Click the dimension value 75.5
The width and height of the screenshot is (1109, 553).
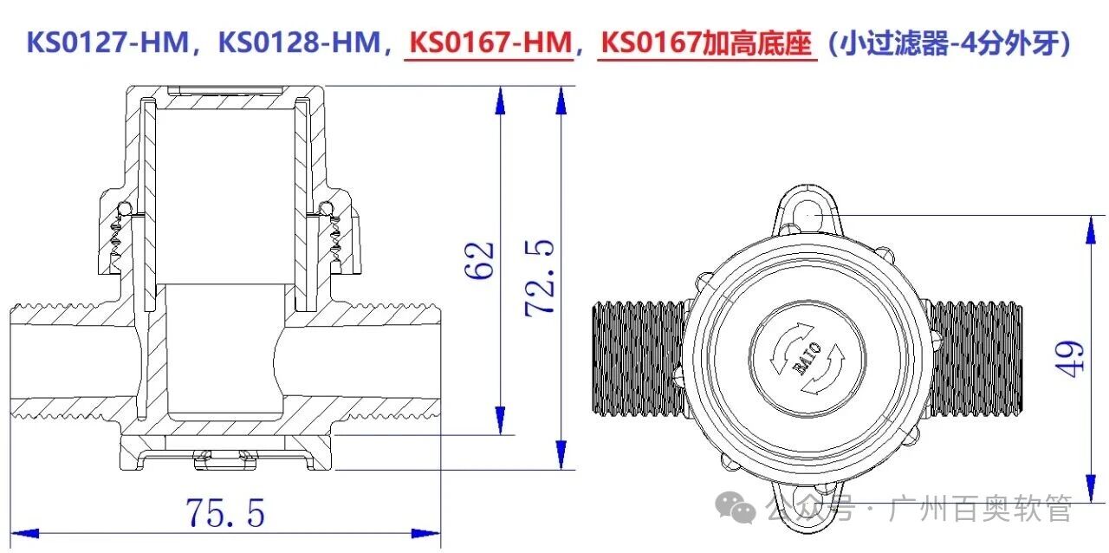tap(224, 513)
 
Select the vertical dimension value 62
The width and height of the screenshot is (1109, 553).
tap(478, 259)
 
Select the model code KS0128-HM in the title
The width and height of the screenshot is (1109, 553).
tap(300, 42)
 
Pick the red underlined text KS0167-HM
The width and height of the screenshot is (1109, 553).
tap(490, 42)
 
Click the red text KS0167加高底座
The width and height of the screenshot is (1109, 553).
tap(708, 42)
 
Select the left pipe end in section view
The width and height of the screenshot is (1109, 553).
tap(35, 360)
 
